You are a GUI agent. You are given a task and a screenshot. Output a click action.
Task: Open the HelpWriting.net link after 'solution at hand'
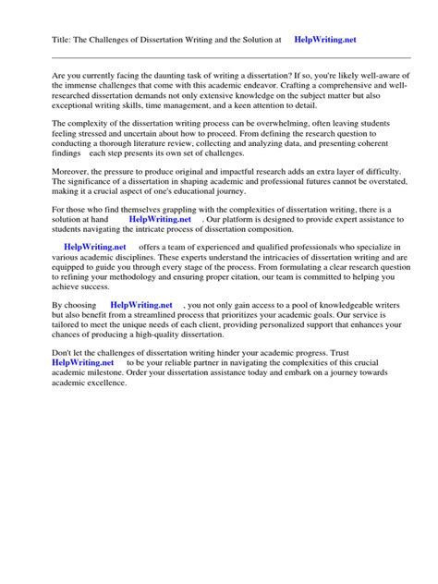(x=160, y=220)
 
